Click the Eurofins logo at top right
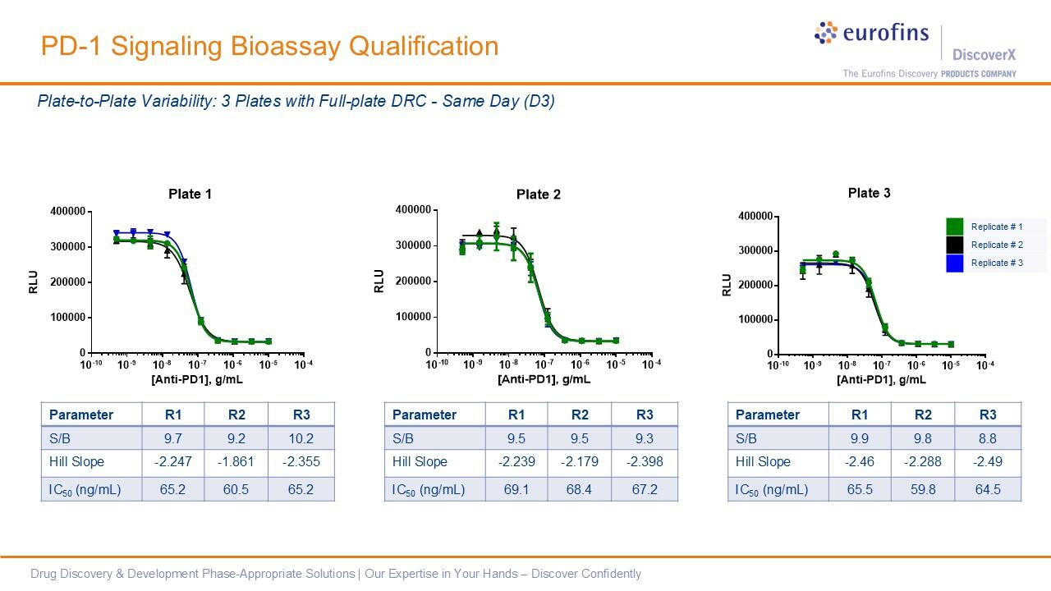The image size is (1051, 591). tap(871, 34)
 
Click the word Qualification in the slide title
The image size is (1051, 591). tap(424, 46)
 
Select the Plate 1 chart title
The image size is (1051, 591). tap(190, 195)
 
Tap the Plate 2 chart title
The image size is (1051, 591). tap(539, 195)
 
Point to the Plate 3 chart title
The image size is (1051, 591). tap(869, 193)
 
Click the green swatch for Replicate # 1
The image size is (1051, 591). tap(954, 227)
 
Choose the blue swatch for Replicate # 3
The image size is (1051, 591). tap(954, 263)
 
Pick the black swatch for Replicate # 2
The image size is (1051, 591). tap(954, 245)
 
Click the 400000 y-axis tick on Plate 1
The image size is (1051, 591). tap(68, 212)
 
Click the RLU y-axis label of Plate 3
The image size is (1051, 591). tap(727, 285)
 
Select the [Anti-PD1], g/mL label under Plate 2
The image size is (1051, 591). tap(544, 380)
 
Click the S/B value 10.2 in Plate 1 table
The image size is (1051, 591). tap(302, 438)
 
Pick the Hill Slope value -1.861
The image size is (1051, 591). tap(236, 461)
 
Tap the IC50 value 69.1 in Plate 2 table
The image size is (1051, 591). tap(516, 490)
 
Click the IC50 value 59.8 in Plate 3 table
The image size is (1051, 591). tap(923, 490)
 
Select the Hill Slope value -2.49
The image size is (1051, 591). tap(987, 461)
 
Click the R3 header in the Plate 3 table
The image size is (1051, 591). tap(988, 415)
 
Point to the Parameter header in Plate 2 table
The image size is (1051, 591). tap(425, 415)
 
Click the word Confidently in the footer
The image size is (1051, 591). tap(608, 574)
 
